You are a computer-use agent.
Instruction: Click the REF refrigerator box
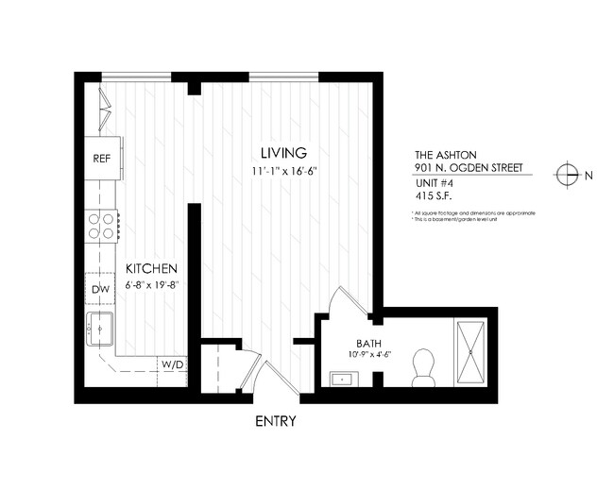pos(101,159)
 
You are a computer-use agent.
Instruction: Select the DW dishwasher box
pos(101,288)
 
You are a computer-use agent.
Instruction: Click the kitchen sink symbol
pos(100,329)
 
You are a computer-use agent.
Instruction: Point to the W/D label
pos(172,364)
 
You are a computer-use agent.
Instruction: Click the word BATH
pos(368,343)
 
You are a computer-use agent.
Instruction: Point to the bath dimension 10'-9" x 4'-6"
pos(368,355)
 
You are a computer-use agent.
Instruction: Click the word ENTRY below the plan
pos(276,421)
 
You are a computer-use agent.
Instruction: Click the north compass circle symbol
pos(567,174)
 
